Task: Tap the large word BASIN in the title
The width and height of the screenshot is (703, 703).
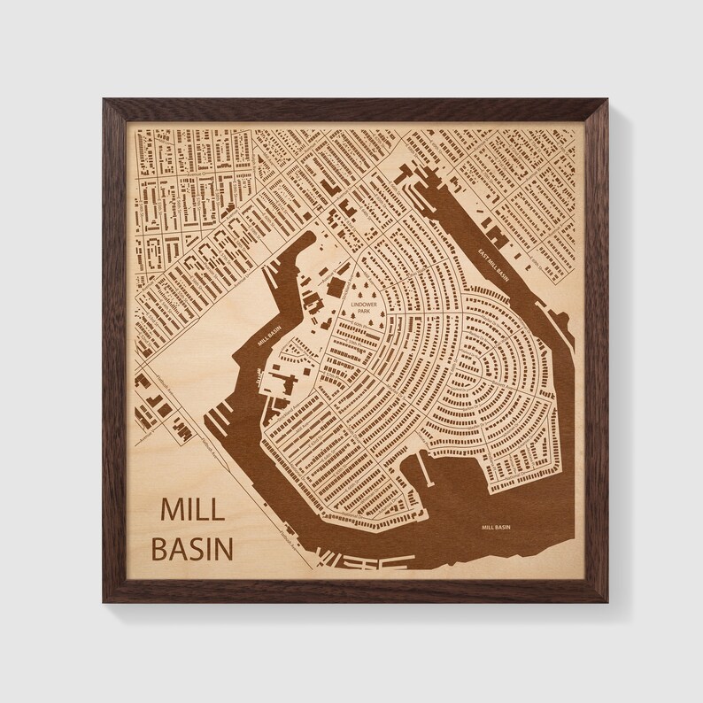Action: coord(193,548)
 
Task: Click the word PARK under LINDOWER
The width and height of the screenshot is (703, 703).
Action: coord(364,312)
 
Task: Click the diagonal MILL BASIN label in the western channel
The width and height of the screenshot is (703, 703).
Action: coord(267,337)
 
